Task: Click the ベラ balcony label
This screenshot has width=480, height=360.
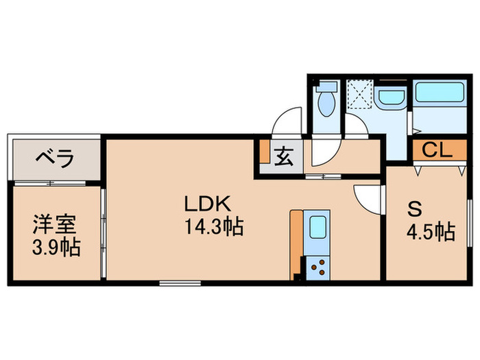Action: pos(55,159)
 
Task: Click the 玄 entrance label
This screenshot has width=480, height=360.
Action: pos(283,157)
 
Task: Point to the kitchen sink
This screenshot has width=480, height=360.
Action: pos(317,227)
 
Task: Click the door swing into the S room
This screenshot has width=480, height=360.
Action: pos(368,198)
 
